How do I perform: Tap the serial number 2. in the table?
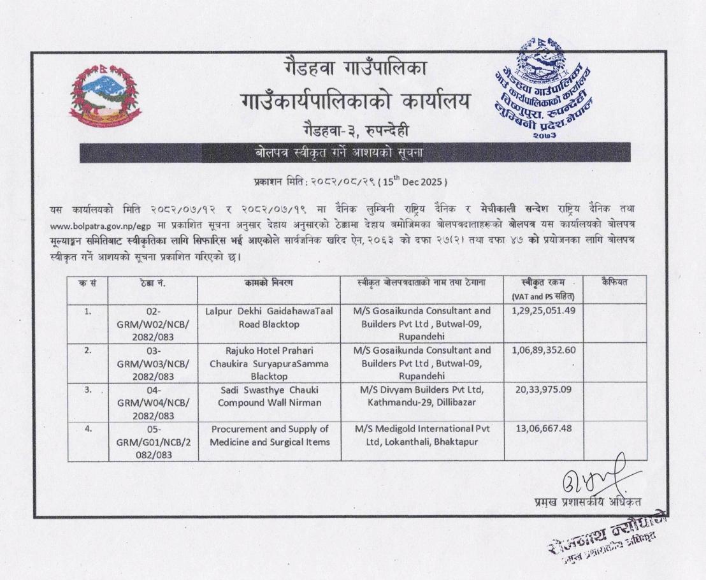(87, 350)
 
